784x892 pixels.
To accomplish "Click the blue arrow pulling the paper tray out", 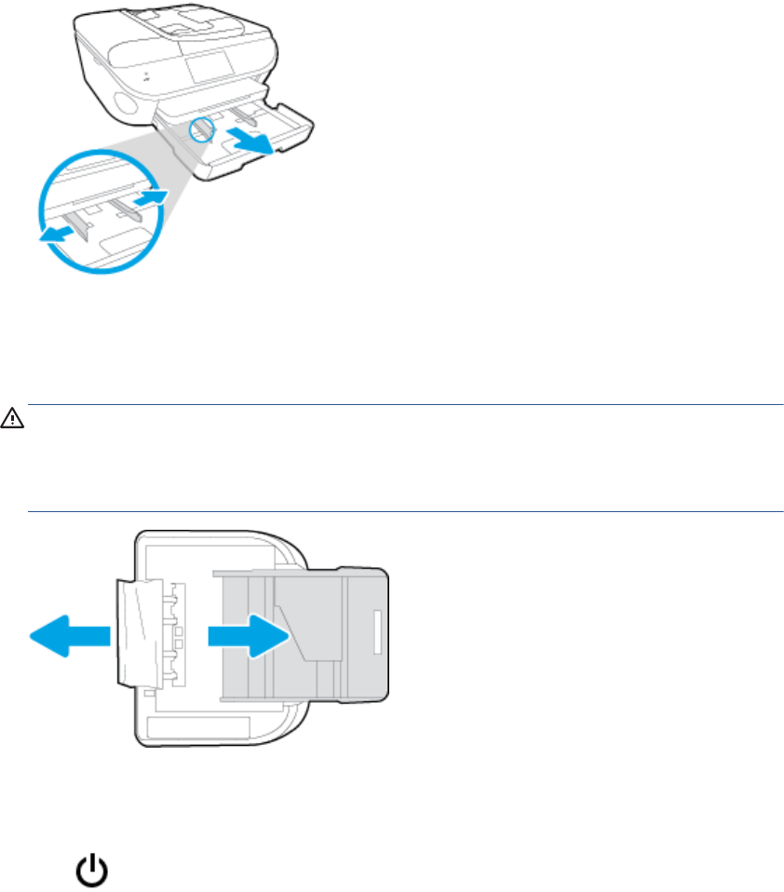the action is (x=250, y=140).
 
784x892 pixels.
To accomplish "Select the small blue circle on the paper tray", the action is (x=201, y=129).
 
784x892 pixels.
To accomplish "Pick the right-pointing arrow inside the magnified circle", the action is (x=151, y=196).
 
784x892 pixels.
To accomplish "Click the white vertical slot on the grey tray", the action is (x=375, y=632).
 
